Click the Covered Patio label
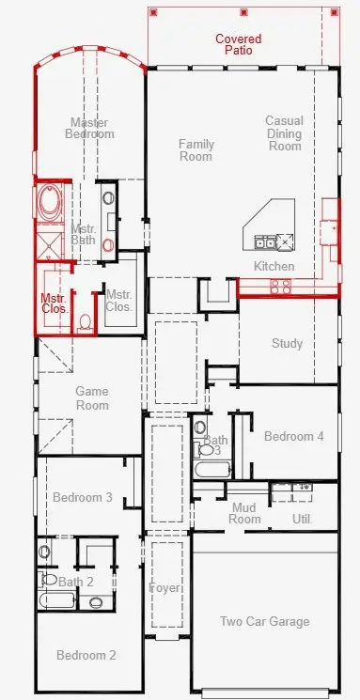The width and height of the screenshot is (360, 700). (238, 45)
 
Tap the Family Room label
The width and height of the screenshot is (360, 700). (196, 150)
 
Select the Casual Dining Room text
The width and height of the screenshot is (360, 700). (285, 133)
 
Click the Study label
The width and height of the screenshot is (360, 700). (288, 343)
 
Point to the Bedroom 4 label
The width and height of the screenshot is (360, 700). (293, 436)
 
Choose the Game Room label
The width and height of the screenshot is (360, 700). (92, 398)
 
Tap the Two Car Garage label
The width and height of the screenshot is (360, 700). (264, 621)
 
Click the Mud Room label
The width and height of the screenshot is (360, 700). (244, 513)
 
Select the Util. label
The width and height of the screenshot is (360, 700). (303, 520)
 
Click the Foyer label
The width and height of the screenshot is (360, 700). (164, 588)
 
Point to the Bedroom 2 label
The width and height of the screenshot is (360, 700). (86, 655)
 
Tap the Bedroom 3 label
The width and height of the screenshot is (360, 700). (83, 497)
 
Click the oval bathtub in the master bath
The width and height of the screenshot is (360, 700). (49, 203)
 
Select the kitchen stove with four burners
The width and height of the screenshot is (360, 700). (280, 287)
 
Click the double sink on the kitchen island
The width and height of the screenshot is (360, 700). (265, 242)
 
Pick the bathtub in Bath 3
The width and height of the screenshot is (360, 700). (212, 470)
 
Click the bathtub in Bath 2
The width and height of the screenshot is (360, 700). (57, 599)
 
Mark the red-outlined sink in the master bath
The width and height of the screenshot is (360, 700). (108, 245)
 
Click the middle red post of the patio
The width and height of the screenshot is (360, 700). (243, 12)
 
